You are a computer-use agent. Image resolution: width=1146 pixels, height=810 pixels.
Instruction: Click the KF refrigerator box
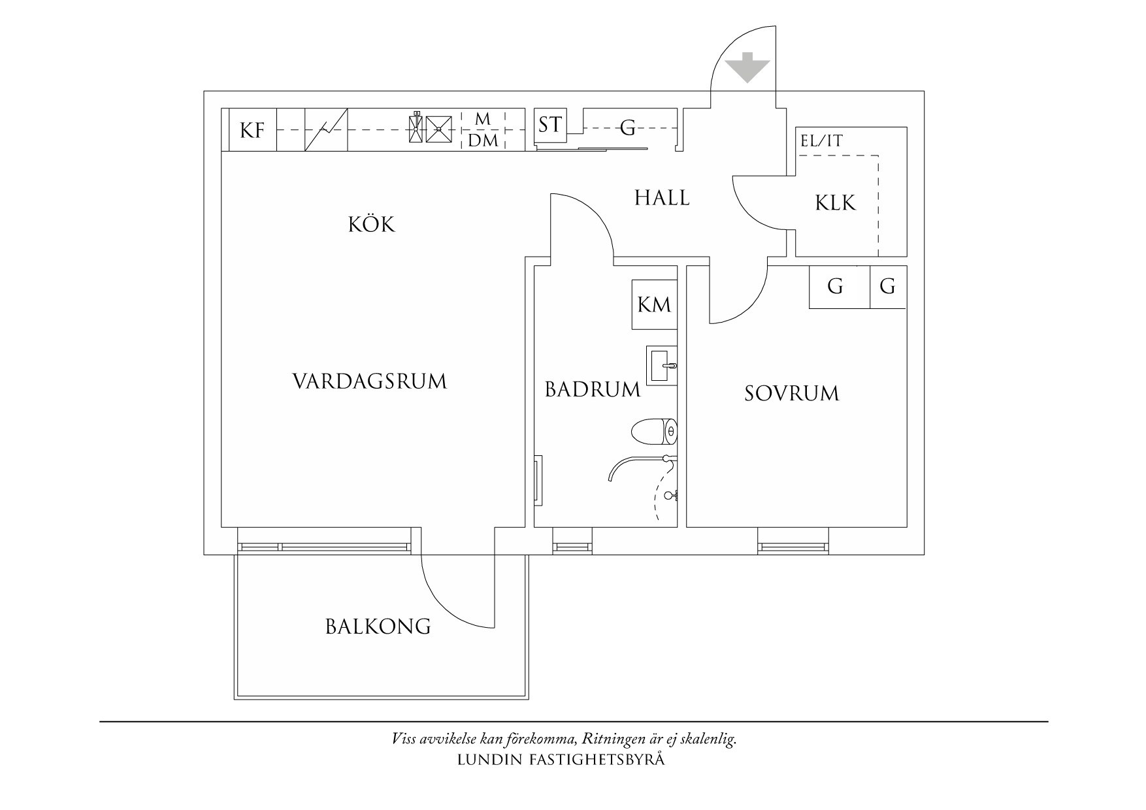click(x=252, y=130)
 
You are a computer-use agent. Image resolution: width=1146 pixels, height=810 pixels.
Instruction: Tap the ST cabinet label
click(x=550, y=124)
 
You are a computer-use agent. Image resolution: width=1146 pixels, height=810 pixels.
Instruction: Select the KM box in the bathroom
click(x=654, y=304)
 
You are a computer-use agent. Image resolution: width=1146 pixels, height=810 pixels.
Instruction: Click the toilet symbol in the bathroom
click(x=654, y=432)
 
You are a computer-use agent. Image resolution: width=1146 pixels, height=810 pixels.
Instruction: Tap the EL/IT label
click(x=821, y=140)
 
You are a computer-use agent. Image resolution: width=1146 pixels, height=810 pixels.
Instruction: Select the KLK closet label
click(x=835, y=202)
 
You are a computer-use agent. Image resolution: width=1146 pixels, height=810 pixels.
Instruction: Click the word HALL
click(x=662, y=197)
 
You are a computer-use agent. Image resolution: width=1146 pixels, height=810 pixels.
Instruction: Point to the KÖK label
click(x=372, y=225)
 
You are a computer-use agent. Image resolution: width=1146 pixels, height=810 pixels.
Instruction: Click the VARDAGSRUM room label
click(x=369, y=381)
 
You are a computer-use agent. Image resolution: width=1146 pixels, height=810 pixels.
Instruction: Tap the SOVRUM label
click(x=791, y=393)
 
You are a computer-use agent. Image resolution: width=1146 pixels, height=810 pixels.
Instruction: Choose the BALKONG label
click(x=378, y=627)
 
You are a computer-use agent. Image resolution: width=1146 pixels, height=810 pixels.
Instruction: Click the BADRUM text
click(x=592, y=390)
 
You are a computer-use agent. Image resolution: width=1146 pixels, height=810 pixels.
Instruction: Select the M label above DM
click(x=483, y=119)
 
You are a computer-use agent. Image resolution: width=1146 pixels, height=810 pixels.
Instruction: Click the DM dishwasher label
click(x=483, y=140)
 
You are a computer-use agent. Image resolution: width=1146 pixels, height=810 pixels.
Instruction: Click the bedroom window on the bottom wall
click(x=793, y=547)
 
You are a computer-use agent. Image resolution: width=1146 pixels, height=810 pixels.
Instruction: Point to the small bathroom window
click(x=573, y=547)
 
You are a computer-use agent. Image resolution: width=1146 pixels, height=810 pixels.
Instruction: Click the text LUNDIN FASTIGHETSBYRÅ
click(x=561, y=760)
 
